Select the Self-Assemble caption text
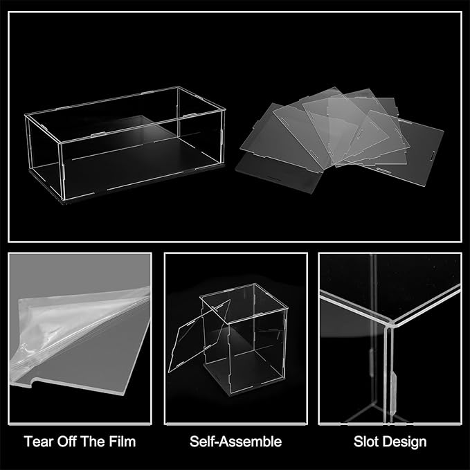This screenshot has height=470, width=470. (x=235, y=442)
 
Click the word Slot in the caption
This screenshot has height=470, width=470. (x=365, y=442)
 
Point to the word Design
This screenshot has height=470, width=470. (x=402, y=442)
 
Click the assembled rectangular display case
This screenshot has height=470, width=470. (x=125, y=143)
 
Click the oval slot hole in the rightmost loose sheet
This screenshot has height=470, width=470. (x=433, y=156)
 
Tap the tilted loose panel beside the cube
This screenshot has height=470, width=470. (x=199, y=336)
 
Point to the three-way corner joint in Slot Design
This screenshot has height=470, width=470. (x=389, y=325)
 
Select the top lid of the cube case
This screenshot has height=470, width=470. (x=244, y=302)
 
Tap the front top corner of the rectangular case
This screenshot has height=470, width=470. (x=61, y=143)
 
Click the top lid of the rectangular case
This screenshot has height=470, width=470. (x=125, y=114)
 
